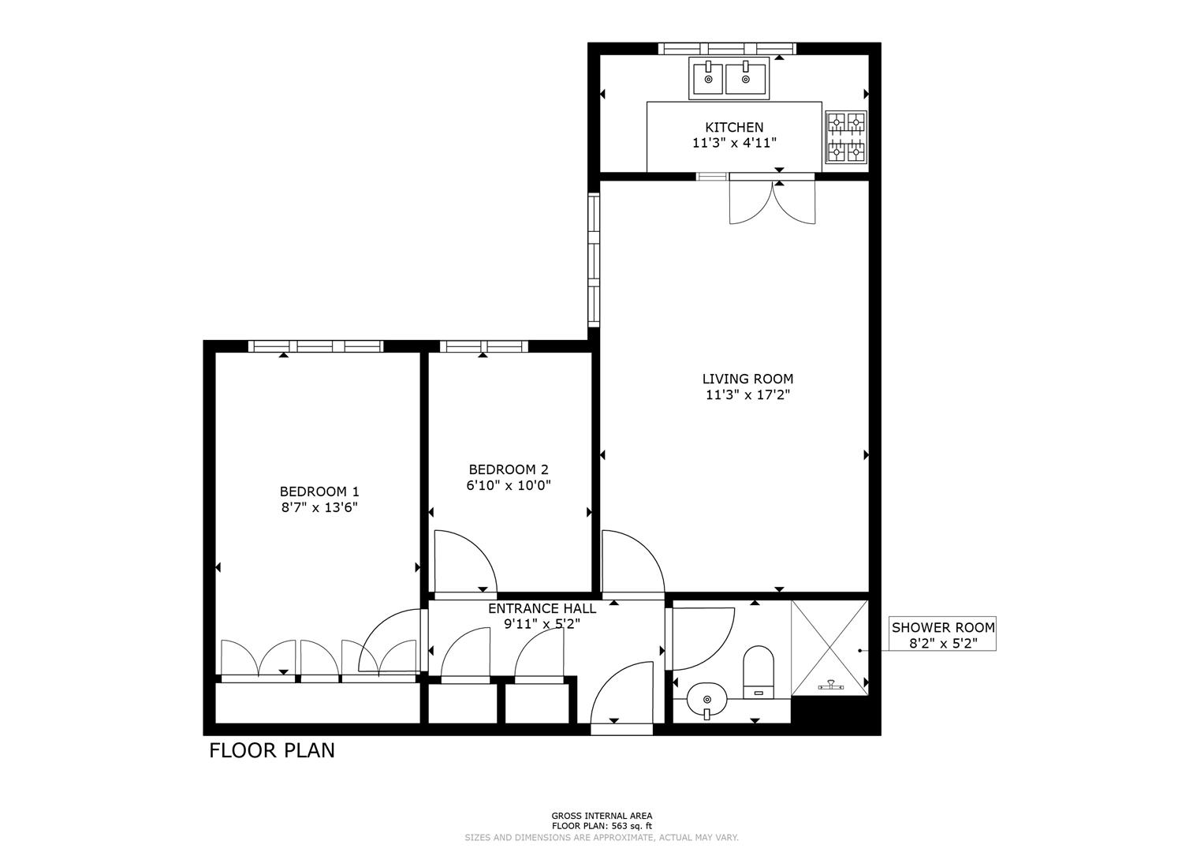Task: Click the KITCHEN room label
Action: tap(733, 127)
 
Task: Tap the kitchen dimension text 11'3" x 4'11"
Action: tap(733, 144)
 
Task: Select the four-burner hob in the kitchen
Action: tap(845, 136)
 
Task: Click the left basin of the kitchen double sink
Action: tap(708, 79)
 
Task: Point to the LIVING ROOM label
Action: tap(747, 379)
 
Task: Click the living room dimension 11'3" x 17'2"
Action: tap(747, 395)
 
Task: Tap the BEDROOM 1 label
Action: tap(319, 491)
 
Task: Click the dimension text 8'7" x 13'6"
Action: tap(319, 508)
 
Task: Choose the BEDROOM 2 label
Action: tap(508, 469)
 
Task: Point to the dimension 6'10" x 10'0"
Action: tap(508, 486)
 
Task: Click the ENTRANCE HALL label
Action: tap(542, 608)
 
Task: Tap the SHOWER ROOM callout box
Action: tap(942, 634)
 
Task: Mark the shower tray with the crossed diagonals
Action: tap(829, 648)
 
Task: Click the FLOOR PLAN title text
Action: tap(272, 750)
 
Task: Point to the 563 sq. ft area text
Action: tap(601, 826)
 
